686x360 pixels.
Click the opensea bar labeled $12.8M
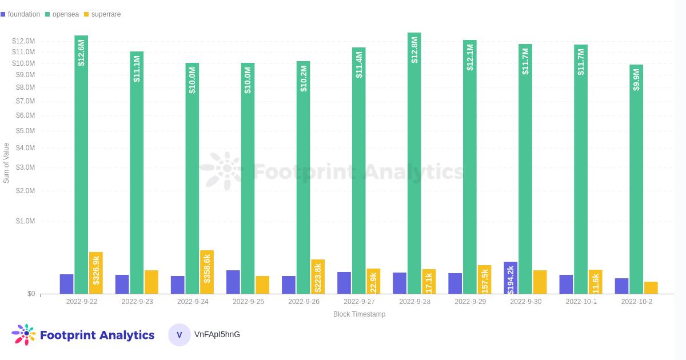click(414, 163)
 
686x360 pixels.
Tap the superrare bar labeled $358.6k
click(207, 272)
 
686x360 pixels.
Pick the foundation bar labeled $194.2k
click(510, 278)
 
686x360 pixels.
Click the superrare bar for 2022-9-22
click(96, 273)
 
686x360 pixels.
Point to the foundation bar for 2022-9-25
click(233, 282)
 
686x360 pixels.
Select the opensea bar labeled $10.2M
click(304, 177)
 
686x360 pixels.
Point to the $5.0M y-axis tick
click(23, 131)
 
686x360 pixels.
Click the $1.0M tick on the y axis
click(23, 221)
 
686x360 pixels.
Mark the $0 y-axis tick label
click(31, 294)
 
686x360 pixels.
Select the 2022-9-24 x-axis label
click(193, 302)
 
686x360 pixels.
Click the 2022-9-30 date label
click(525, 302)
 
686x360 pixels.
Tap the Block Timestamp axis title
click(359, 314)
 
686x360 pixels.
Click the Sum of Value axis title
click(6, 163)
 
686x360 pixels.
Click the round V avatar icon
click(179, 335)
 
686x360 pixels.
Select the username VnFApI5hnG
click(217, 334)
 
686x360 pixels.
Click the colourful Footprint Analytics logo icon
click(23, 335)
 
